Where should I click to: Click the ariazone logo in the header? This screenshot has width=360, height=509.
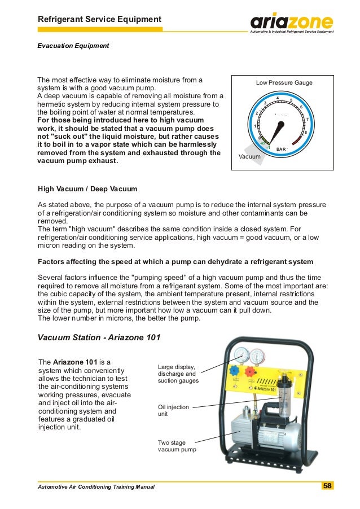tap(291, 23)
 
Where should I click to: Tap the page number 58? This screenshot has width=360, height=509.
tap(327, 486)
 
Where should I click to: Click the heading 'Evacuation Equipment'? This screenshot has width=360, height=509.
tap(73, 45)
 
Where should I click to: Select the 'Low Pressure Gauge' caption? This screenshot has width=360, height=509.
tap(284, 83)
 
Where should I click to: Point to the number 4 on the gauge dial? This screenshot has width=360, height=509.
tap(278, 98)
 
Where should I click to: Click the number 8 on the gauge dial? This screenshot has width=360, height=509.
tap(305, 131)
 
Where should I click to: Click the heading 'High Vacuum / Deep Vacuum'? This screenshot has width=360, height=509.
tap(87, 188)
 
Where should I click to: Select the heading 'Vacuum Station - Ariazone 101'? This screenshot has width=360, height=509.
tap(99, 337)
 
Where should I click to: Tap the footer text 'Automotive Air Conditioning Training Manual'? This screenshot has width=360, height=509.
tap(95, 486)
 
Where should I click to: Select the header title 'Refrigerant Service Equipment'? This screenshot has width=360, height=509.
tap(99, 20)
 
